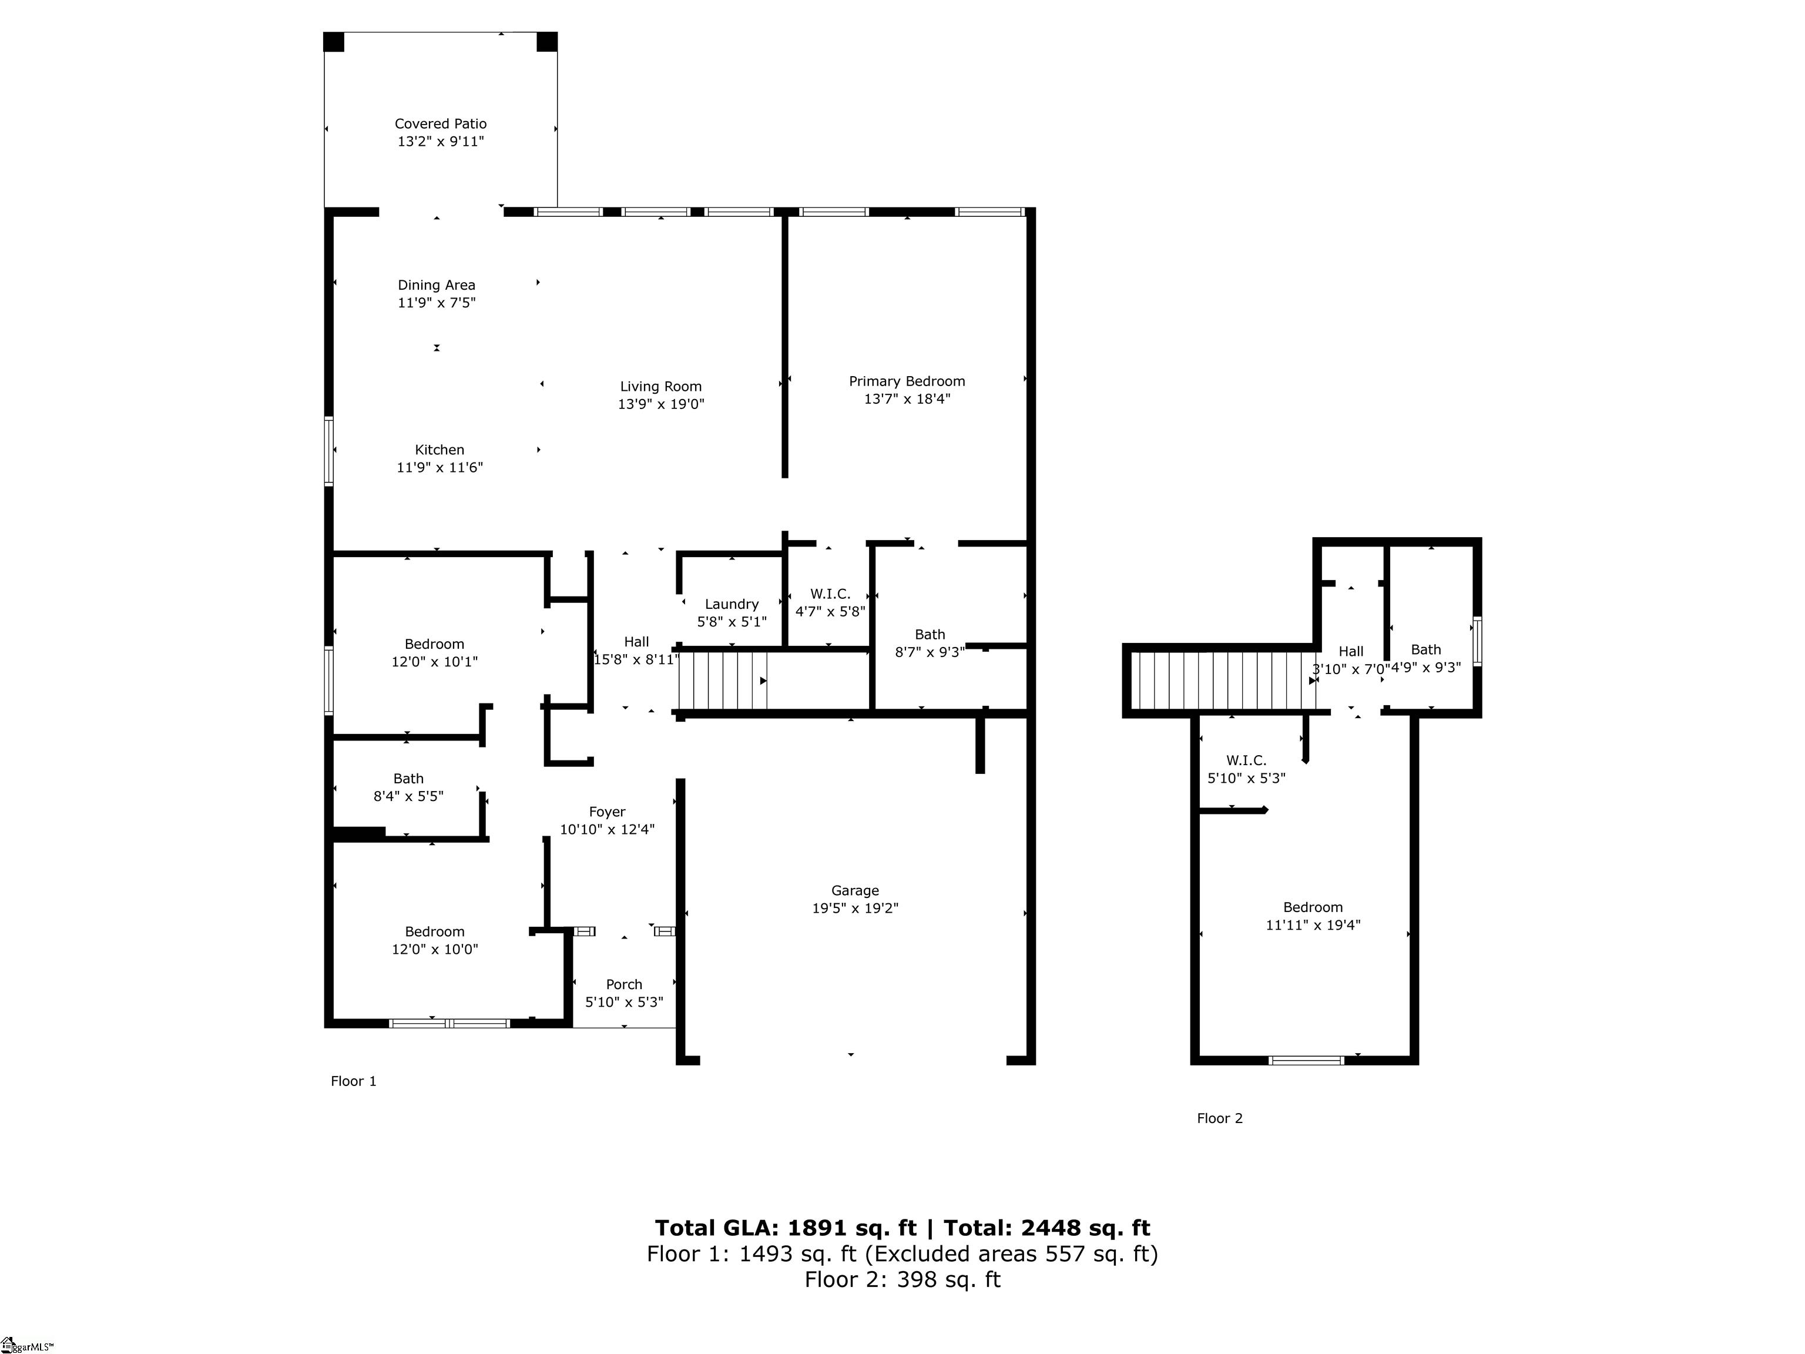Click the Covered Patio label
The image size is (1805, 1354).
click(440, 124)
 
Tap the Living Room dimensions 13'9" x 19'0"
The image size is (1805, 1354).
click(660, 404)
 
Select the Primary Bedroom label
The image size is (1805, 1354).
click(907, 381)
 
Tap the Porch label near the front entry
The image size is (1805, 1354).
click(623, 984)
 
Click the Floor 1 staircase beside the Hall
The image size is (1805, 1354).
click(723, 680)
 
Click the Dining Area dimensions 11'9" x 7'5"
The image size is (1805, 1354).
click(436, 303)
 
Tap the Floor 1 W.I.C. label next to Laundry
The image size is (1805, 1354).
click(830, 594)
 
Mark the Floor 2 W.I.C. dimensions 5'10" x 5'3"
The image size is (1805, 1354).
click(1246, 779)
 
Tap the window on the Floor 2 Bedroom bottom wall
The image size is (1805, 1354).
click(1306, 1060)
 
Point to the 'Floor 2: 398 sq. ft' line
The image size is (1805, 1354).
click(902, 1280)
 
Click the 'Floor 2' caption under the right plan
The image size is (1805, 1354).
click(1219, 1118)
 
